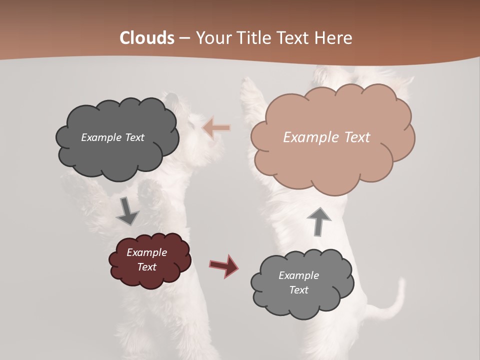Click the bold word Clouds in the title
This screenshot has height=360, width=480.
(147, 38)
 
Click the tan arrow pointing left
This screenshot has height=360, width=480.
(216, 128)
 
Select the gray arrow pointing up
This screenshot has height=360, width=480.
(319, 221)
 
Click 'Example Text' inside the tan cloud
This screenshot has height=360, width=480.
(326, 137)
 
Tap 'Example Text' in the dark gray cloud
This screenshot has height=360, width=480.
(112, 137)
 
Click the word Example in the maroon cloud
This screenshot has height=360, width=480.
(146, 252)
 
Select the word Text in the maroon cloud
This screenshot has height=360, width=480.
(146, 267)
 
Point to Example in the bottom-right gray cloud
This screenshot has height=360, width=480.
(298, 275)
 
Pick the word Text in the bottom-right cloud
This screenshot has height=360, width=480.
(298, 290)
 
